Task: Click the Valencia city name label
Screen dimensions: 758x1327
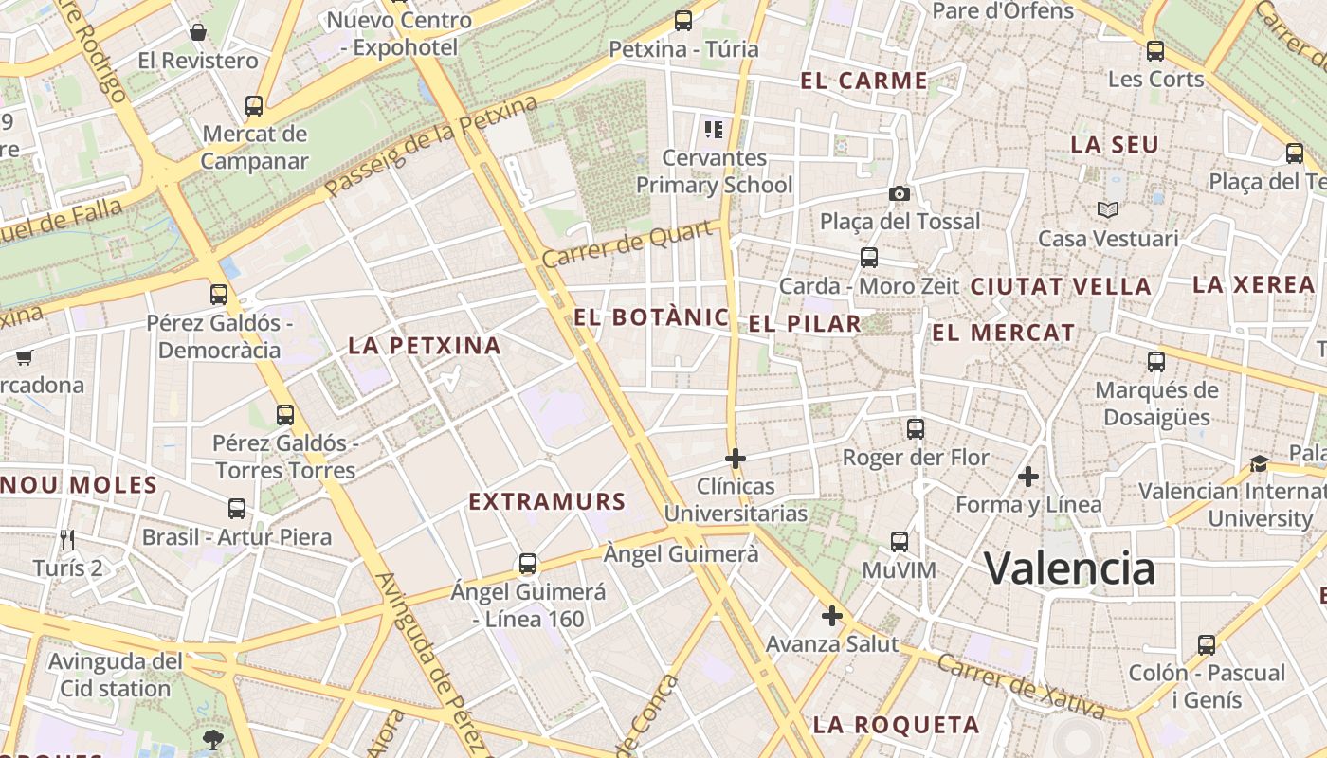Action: coord(1069,568)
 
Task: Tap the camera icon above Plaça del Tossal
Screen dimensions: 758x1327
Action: coord(900,193)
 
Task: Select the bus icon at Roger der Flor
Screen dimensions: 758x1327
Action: coord(915,428)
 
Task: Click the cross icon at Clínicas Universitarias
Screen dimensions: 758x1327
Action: coord(735,459)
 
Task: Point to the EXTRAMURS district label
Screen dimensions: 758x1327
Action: coord(547,501)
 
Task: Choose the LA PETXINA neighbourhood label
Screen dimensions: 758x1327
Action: coord(424,345)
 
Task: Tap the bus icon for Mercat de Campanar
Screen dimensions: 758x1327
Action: coord(253,105)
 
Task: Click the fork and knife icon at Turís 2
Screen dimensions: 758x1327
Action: coord(66,540)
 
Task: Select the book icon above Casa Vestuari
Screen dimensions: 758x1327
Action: coord(1107,209)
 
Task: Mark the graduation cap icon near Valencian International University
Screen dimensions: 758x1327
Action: coord(1259,463)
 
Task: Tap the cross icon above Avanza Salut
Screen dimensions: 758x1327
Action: coord(831,616)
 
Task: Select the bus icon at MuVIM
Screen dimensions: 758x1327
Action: coord(899,542)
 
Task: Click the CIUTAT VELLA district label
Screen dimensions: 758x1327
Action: coord(1061,286)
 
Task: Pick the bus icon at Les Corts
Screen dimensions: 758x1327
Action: coord(1154,51)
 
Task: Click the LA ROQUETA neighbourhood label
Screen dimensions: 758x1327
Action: coord(896,725)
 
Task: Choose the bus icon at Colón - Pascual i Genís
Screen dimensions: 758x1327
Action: coord(1206,644)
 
